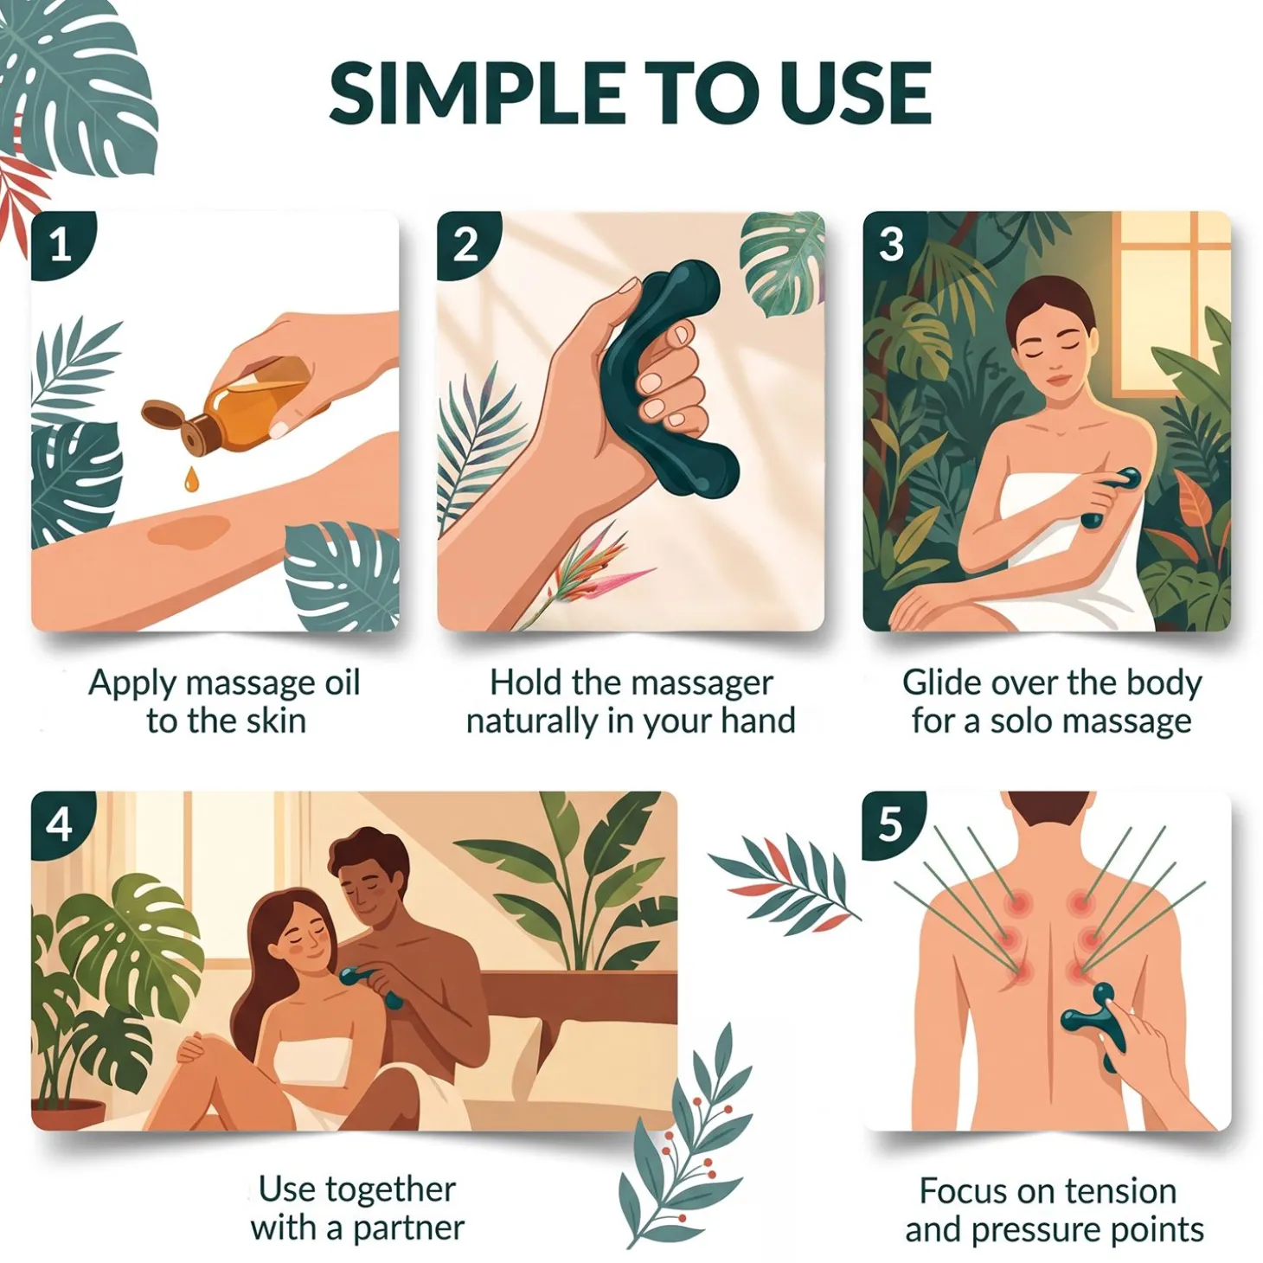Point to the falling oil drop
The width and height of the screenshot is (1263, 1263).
(190, 480)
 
